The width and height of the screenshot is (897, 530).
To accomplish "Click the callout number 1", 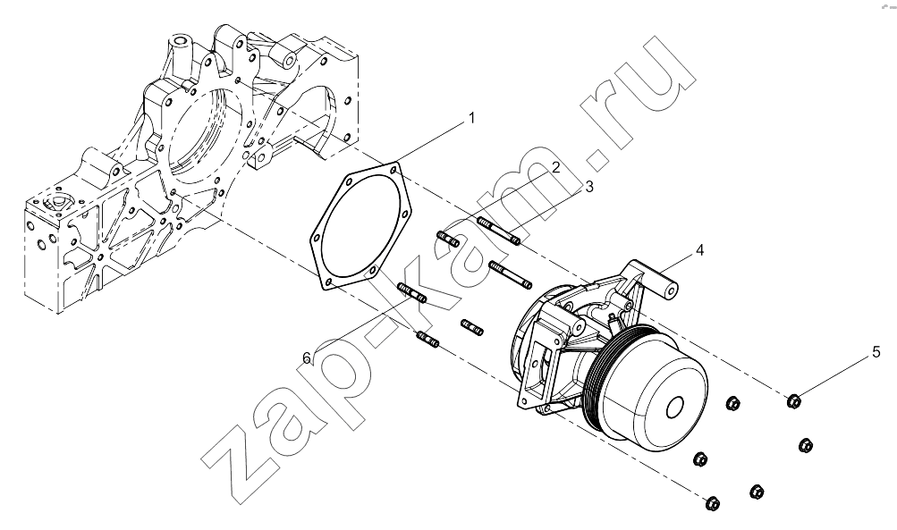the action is coord(472,118).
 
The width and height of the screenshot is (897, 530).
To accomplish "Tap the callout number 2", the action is coord(556,167).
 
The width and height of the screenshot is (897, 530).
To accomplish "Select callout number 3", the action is coord(589,187).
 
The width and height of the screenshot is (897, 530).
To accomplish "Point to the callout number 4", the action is coord(699,250).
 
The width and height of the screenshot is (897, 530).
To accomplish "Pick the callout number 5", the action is coord(876,352).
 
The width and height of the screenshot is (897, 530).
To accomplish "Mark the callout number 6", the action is coord(308,358).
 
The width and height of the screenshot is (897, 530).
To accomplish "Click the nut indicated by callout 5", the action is coord(793,401).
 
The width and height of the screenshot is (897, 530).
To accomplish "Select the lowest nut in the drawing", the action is coord(712,503).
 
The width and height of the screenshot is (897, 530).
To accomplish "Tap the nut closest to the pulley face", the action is coord(732,404).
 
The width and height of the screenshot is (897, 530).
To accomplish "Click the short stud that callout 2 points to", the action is coord(448,239).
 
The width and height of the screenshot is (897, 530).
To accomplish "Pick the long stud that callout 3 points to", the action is coord(498,231).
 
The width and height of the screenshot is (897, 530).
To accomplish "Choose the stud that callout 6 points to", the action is coord(411,293).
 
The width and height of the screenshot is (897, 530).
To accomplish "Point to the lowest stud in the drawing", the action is coord(428,340).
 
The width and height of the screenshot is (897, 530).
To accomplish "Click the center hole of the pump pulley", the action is coord(675,407).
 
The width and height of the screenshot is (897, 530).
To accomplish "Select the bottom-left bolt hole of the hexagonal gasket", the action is coord(328,282).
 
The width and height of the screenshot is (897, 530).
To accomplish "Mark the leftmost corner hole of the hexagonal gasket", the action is coord(315,237).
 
